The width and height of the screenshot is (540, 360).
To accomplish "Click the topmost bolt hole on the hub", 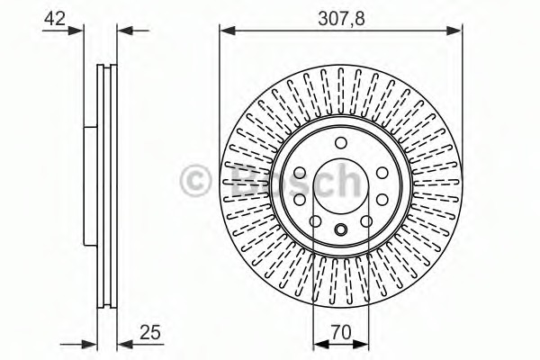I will tap(340, 143).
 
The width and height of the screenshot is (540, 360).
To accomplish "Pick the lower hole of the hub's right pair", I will tap(381, 200).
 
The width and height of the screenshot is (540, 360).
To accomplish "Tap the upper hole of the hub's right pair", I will tap(381, 172).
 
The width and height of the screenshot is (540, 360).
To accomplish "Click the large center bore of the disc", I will tap(340, 186).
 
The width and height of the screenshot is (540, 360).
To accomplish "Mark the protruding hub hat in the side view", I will tap(90, 187).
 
